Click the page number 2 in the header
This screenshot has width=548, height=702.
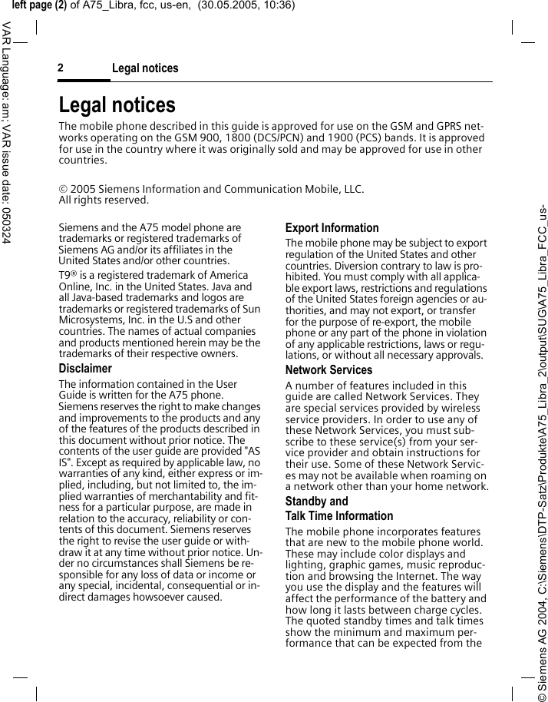[61, 68]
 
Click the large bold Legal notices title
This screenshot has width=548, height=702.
[117, 105]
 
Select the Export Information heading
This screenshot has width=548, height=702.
[332, 228]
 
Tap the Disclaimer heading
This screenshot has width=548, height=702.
[85, 369]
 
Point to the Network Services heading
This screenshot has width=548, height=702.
[328, 370]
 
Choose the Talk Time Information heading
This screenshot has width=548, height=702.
[338, 516]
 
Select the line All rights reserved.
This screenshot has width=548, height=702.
[104, 200]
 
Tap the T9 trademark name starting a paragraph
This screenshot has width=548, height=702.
[66, 276]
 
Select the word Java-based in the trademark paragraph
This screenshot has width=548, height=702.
[100, 297]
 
